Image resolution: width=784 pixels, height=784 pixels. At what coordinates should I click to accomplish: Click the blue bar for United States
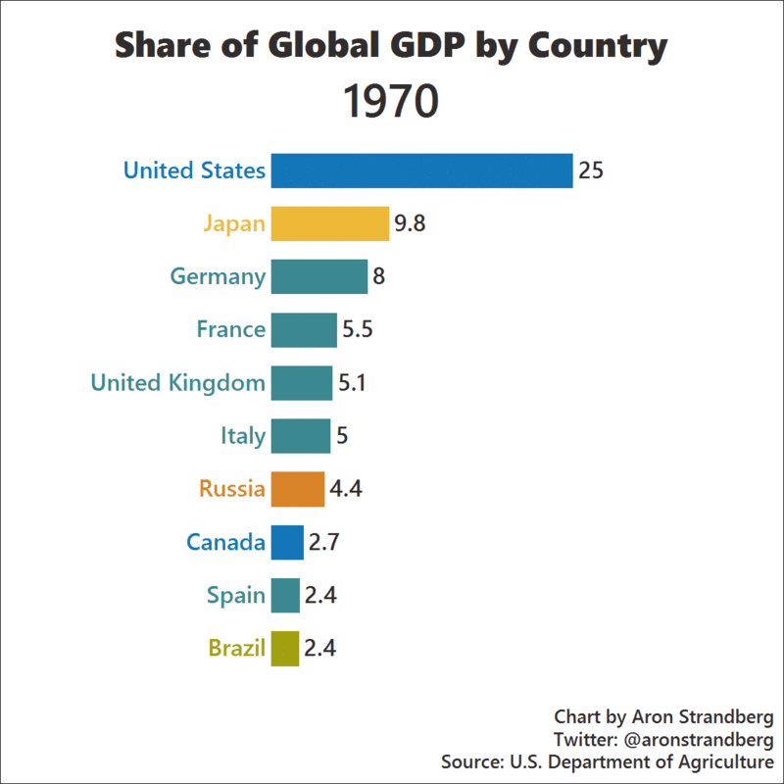[x=421, y=171]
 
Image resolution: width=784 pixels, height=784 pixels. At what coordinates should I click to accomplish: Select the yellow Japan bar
[x=329, y=223]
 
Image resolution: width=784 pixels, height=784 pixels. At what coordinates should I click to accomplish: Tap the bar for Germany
[x=318, y=276]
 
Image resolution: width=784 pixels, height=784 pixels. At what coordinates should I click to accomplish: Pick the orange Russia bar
[x=297, y=488]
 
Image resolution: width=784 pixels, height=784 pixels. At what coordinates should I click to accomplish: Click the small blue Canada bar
[x=287, y=542]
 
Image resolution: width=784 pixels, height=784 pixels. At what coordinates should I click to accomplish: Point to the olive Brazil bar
[x=284, y=648]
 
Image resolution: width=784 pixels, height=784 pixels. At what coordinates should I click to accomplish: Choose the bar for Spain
[x=285, y=595]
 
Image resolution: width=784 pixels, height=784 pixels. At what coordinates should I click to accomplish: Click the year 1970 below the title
[x=391, y=102]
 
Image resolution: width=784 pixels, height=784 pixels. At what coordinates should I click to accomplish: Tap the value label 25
[x=590, y=171]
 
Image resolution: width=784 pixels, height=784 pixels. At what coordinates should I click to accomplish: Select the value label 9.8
[x=410, y=223]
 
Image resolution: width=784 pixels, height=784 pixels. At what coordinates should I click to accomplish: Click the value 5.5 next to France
[x=357, y=329]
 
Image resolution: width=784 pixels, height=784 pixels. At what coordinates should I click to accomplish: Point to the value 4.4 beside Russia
[x=347, y=488]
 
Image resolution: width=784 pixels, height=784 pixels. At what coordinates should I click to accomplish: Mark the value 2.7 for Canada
[x=324, y=542]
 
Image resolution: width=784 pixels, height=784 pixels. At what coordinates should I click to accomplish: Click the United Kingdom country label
[x=177, y=382]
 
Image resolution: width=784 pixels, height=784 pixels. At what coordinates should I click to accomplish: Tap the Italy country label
[x=242, y=435]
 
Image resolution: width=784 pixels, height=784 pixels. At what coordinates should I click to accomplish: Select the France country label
[x=230, y=329]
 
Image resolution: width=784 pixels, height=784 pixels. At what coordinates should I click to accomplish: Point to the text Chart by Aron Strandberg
[x=663, y=716]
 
